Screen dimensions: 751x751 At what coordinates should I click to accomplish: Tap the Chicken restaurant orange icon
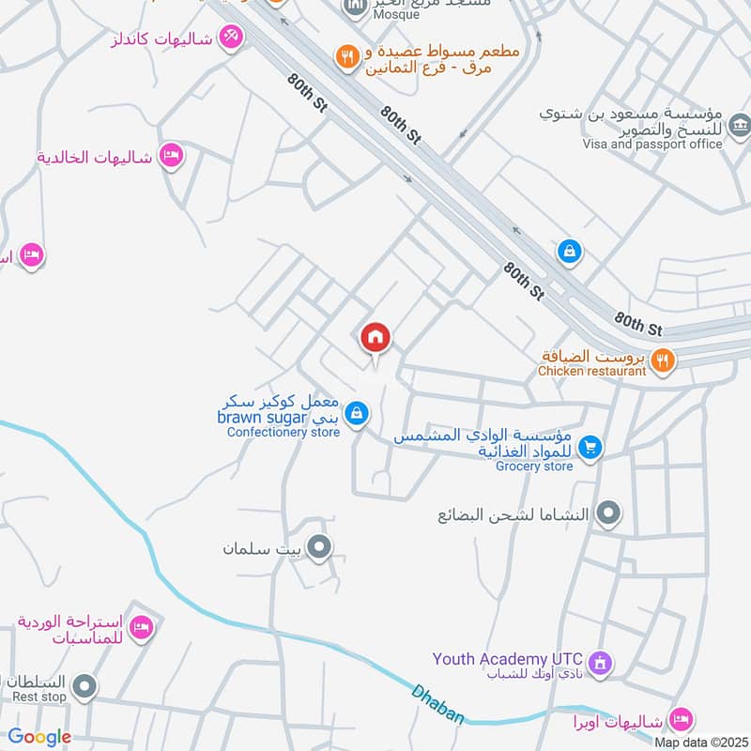[x=663, y=359]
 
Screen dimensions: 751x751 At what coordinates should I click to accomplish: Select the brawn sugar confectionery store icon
[x=356, y=412]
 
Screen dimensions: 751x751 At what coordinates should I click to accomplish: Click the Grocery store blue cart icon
[x=590, y=447]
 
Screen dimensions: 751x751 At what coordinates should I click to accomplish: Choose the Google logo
[x=39, y=737]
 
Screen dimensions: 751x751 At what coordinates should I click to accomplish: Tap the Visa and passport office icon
[x=740, y=124]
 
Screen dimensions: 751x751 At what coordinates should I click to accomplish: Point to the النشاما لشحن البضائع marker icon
[x=609, y=513]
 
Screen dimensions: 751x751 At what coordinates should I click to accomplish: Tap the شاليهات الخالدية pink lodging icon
[x=170, y=155]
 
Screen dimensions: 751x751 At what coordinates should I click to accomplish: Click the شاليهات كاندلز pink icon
[x=230, y=38]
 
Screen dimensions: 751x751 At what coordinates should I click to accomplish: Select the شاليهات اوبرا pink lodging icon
[x=682, y=719]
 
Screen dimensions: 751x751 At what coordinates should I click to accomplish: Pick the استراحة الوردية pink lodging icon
[x=141, y=627]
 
